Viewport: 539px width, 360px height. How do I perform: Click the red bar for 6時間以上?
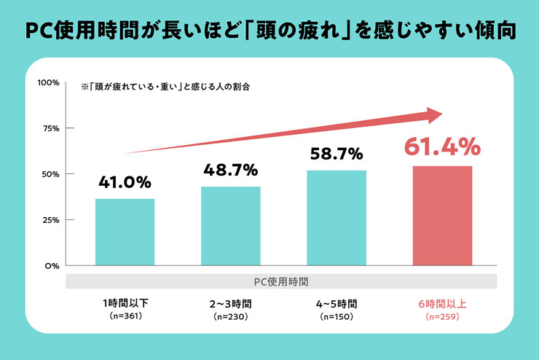[442, 216]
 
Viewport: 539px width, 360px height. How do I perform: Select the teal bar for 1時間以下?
[125, 232]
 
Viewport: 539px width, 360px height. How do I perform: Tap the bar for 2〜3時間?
[231, 226]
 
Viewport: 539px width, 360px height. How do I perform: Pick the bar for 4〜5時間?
[337, 218]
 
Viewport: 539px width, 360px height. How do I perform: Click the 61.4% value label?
[442, 146]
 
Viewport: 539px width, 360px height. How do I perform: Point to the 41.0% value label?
[125, 182]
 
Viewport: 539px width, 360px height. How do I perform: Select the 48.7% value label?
[231, 170]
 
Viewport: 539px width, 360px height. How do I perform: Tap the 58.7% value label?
[337, 154]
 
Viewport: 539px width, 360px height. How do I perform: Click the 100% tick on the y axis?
[49, 82]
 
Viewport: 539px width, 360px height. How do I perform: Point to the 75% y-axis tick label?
[51, 128]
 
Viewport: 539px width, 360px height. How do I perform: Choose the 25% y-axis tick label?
[51, 220]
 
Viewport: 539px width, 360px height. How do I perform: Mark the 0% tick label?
[52, 266]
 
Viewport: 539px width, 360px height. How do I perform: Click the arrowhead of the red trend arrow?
[435, 115]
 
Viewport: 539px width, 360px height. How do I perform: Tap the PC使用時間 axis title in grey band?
[281, 281]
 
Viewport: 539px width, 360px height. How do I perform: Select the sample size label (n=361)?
[125, 316]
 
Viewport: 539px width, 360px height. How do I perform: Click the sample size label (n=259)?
[442, 316]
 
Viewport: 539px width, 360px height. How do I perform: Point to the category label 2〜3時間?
[231, 304]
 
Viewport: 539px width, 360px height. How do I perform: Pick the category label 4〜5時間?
[337, 304]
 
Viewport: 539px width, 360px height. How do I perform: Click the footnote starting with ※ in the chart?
[165, 87]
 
